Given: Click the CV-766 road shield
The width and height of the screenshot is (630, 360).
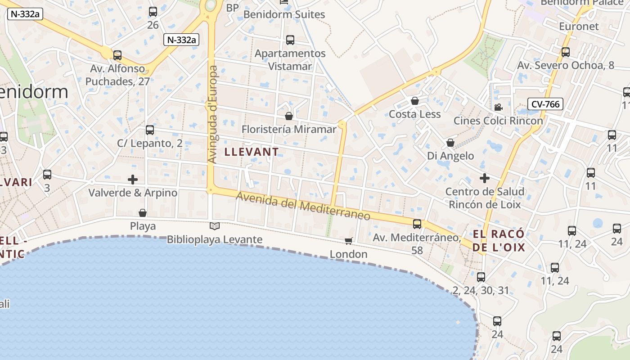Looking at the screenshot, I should [545, 104].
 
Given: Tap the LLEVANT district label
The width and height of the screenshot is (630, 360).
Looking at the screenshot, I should [252, 152].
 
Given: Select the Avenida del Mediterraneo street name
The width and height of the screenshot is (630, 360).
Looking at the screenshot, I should [303, 207].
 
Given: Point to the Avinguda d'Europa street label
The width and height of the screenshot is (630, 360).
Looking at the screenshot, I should [213, 114].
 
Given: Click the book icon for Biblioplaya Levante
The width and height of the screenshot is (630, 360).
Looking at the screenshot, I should [215, 226].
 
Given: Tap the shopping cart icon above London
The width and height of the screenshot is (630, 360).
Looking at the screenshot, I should [348, 241].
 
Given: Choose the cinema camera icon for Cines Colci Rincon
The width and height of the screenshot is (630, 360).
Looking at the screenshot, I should [498, 108].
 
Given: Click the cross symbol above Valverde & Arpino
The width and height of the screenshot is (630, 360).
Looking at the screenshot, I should [133, 180].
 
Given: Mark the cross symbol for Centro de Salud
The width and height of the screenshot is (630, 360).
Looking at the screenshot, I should [484, 178].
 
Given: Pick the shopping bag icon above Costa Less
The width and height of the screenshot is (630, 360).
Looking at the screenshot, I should [415, 101].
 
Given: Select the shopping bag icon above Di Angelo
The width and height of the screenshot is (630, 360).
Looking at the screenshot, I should [450, 143].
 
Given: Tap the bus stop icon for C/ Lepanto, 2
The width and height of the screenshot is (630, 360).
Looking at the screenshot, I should [150, 130].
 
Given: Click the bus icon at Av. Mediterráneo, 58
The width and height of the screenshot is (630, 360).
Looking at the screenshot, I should [417, 224].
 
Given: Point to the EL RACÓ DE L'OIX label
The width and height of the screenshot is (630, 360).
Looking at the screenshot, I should [499, 241].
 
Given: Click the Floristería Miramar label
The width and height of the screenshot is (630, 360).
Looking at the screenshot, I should [289, 130].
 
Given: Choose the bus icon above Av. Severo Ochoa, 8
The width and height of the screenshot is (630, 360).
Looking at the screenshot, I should [566, 52].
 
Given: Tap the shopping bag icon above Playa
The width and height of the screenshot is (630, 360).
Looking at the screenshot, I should [143, 212].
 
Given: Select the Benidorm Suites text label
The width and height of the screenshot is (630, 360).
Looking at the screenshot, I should [284, 14].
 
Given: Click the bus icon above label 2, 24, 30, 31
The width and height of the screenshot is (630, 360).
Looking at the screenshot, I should [481, 277].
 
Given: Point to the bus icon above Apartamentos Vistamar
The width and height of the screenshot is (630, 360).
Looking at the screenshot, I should [290, 40].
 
